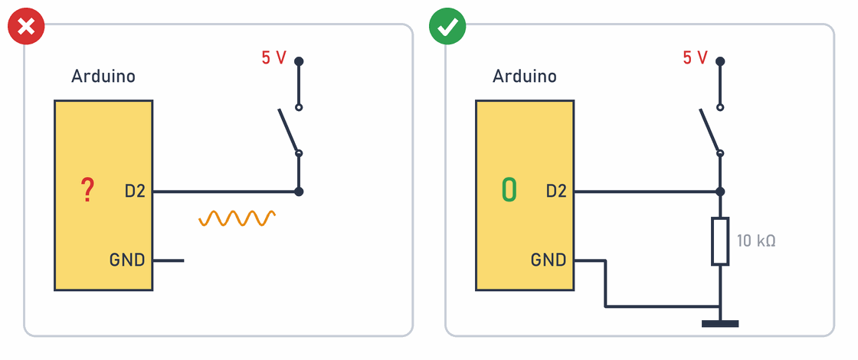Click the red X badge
[26, 26]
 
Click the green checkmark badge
[447, 26]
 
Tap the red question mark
[87, 191]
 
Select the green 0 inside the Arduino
[509, 190]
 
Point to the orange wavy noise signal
[237, 218]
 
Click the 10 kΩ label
[756, 241]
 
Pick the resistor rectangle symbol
[720, 241]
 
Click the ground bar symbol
[720, 324]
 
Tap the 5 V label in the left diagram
[273, 57]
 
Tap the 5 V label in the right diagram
[695, 57]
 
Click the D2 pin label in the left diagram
[135, 191]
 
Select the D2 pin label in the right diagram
[556, 191]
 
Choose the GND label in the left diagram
[127, 260]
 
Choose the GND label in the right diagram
[549, 260]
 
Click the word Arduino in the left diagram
[103, 76]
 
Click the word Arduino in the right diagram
[525, 76]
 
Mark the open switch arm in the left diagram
[288, 131]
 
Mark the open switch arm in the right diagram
[709, 131]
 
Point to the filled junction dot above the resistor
[720, 191]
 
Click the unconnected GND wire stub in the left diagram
[169, 260]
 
